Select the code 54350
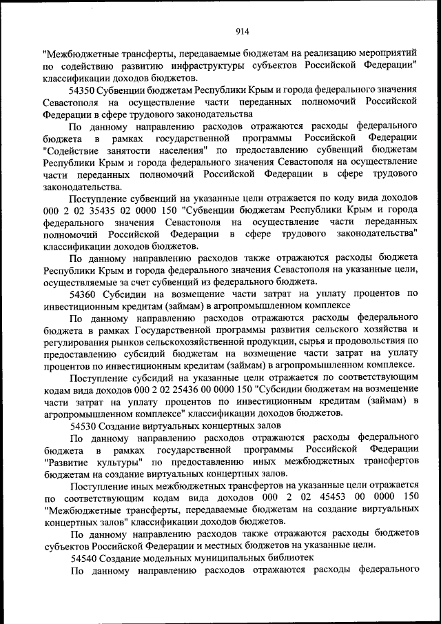coord(83,90)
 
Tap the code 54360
coord(83,293)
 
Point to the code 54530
coord(83,425)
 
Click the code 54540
coord(83,556)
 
